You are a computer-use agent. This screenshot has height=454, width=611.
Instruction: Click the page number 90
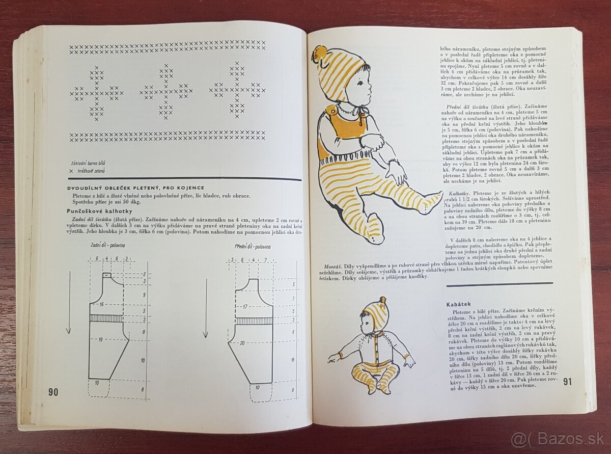53,392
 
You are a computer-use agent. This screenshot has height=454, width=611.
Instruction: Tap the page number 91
568,382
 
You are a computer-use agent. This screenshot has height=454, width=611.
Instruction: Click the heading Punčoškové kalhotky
99,210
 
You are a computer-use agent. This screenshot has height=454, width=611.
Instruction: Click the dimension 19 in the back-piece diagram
101,339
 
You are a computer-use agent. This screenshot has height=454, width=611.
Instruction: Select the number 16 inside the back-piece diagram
102,304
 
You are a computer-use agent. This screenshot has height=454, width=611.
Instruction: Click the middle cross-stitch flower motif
166,92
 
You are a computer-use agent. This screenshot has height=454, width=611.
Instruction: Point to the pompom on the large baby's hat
319,52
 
